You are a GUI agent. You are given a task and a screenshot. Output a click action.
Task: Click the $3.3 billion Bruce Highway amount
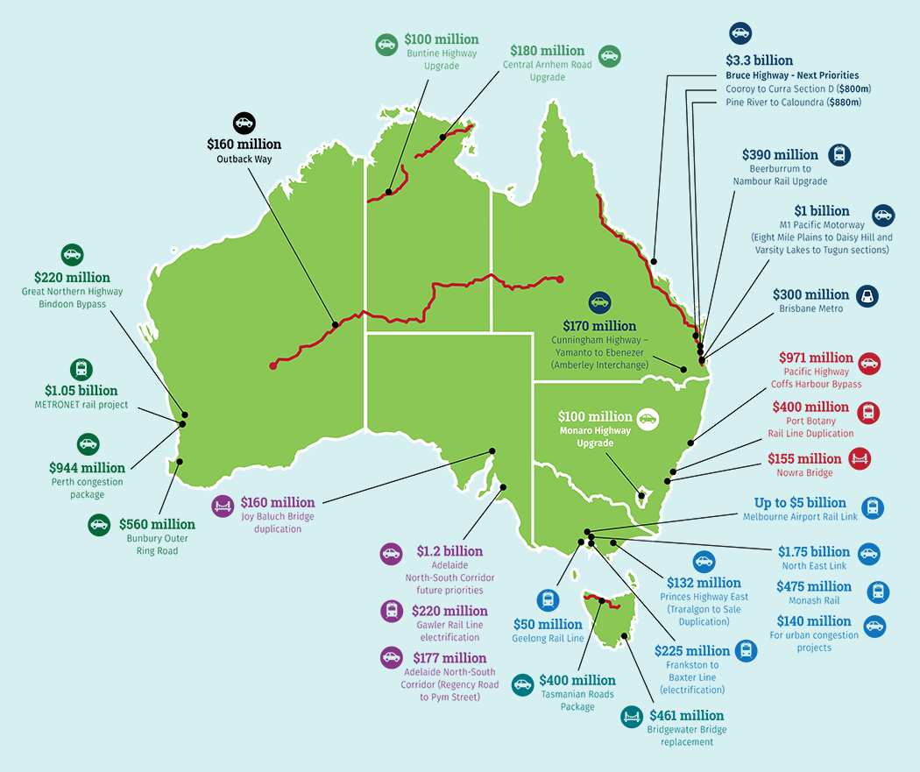click(x=759, y=60)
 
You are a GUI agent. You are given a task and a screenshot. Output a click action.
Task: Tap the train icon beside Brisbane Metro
click(x=866, y=294)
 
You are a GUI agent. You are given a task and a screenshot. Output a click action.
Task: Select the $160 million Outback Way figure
click(x=244, y=144)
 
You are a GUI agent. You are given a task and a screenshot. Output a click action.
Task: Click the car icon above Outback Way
click(x=244, y=122)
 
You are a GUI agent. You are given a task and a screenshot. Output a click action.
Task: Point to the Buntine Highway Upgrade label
click(x=442, y=60)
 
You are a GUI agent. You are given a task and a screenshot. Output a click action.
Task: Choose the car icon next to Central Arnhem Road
click(x=609, y=56)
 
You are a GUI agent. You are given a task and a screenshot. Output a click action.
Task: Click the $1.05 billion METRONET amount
click(x=81, y=390)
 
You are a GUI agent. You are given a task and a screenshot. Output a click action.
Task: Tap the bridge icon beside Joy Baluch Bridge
click(x=223, y=505)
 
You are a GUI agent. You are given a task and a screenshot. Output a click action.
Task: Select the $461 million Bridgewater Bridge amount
click(x=687, y=715)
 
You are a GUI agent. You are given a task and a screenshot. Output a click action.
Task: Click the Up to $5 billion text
click(x=800, y=503)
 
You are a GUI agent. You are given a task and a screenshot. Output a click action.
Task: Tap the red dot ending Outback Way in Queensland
click(x=560, y=280)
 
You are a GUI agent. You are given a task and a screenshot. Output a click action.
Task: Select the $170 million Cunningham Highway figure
click(x=599, y=325)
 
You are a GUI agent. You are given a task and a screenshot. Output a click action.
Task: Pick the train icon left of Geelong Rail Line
click(x=548, y=600)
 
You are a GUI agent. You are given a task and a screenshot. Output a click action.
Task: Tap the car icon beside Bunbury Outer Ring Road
click(x=97, y=525)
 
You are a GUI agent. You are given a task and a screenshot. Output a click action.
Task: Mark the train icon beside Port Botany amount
click(x=869, y=411)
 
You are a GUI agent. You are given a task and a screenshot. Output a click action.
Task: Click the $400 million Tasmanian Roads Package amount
click(x=577, y=680)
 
